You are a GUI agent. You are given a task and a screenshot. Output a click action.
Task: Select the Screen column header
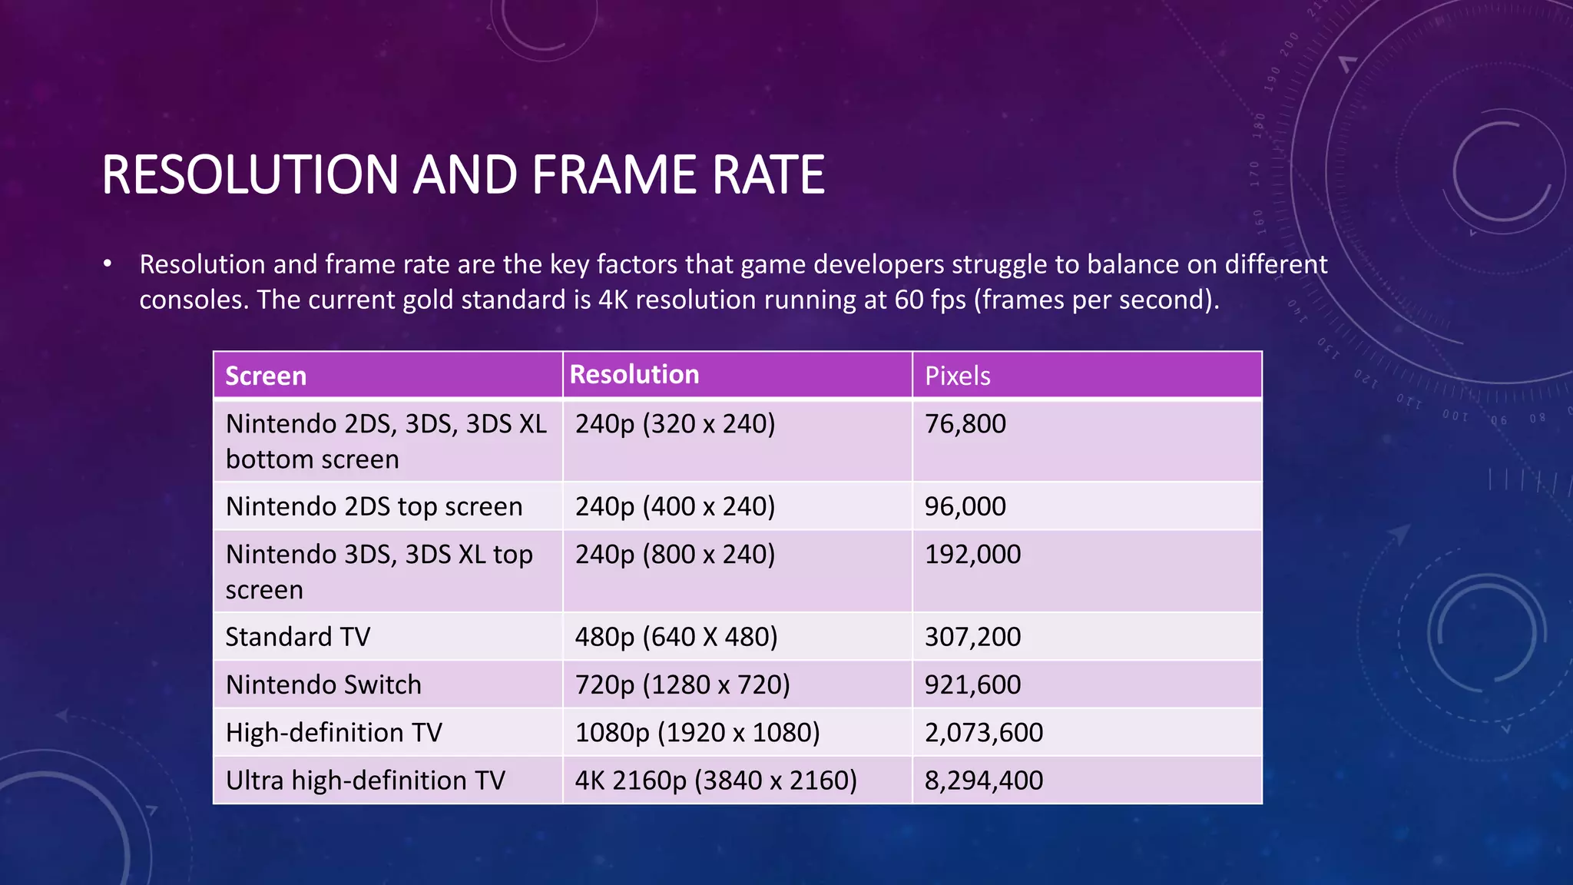coord(266,376)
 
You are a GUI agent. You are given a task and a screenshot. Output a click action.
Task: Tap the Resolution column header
coord(634,374)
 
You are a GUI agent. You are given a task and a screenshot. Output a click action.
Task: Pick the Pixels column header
coord(957,376)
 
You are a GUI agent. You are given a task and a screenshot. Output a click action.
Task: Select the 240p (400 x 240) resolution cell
coord(675,506)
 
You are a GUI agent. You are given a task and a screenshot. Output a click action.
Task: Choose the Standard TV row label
coord(298,637)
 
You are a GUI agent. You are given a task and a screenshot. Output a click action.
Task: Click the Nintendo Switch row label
coord(323,684)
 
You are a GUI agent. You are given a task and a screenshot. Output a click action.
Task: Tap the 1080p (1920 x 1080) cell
coord(697,732)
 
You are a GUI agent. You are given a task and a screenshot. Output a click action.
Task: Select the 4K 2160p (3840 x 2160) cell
coord(716,781)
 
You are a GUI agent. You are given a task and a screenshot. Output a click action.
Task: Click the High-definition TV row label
coord(334,732)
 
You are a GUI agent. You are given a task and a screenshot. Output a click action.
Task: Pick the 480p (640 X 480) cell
coord(676,637)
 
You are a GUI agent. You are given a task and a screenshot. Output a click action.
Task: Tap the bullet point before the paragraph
coord(108,265)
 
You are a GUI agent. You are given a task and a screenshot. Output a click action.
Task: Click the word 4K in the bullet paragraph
coord(613,300)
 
